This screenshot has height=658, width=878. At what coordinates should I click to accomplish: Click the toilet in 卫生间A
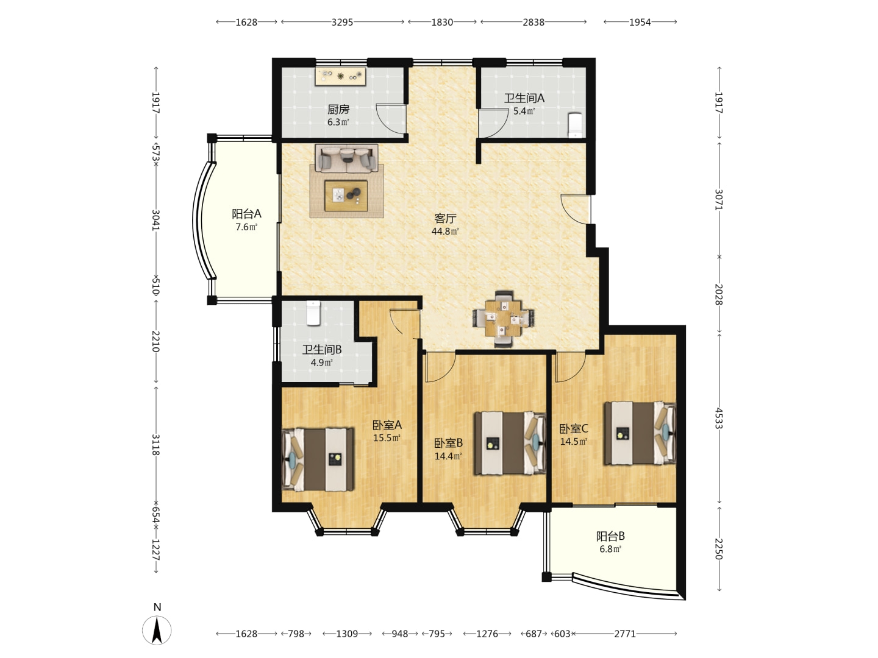(575, 126)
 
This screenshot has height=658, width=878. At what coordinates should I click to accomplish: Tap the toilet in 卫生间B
(313, 313)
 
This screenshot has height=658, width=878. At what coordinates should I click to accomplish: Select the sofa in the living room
(346, 158)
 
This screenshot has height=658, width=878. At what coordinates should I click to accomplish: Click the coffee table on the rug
(346, 196)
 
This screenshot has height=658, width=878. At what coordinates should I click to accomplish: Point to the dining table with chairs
(504, 319)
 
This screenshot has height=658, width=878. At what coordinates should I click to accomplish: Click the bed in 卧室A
(318, 459)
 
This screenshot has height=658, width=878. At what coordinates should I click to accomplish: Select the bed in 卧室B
(510, 444)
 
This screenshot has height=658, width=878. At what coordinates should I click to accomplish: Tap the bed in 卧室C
(640, 433)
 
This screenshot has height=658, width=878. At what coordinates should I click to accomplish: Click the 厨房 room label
(338, 109)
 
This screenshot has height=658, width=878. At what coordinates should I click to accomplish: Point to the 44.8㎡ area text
(445, 232)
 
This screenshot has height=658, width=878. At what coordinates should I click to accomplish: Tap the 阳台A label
(246, 214)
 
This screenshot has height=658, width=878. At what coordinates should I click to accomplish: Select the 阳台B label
(610, 536)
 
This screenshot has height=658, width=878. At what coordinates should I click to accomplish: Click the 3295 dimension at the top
(343, 23)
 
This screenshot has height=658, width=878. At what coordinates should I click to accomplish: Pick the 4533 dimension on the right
(719, 419)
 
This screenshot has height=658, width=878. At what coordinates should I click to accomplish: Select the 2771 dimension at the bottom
(625, 634)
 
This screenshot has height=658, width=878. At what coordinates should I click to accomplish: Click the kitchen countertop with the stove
(340, 77)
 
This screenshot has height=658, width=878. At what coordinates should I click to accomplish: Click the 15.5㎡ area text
(387, 438)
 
